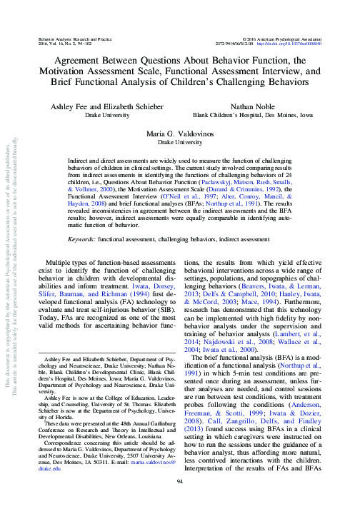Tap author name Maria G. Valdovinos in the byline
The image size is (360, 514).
(x=179, y=133)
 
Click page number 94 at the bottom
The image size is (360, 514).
(x=179, y=502)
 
